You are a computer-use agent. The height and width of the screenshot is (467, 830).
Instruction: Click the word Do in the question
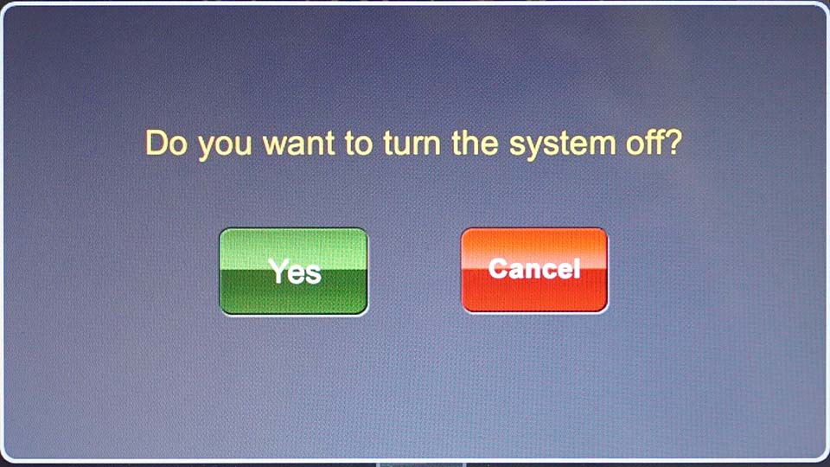[x=166, y=143]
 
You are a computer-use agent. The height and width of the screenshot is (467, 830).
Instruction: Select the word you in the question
[x=225, y=147]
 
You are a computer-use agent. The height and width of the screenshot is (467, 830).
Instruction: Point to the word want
[x=298, y=144]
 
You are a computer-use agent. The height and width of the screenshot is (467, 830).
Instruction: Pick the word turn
[x=412, y=144]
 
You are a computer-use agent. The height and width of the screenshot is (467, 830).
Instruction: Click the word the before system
[x=475, y=143]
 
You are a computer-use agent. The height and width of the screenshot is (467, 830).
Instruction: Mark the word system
[x=562, y=145]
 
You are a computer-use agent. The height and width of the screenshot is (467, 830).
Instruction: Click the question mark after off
[x=674, y=143]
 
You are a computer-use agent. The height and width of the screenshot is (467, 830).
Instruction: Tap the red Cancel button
[x=534, y=270]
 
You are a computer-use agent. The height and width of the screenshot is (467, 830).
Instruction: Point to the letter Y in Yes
[x=278, y=270]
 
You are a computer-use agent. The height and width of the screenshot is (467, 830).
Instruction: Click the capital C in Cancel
[x=499, y=268]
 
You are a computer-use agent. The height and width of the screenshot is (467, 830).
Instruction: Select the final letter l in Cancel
[x=577, y=268]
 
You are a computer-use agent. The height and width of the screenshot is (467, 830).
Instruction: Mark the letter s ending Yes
[x=313, y=274]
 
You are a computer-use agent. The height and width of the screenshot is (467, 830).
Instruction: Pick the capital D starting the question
[x=156, y=143]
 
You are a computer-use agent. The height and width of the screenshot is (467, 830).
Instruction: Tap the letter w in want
[x=277, y=147]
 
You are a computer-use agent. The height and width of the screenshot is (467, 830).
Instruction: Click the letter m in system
[x=600, y=147]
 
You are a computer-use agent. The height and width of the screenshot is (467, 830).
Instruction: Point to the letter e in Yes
[x=296, y=274]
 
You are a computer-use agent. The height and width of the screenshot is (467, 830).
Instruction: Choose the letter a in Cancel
[x=518, y=271]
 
